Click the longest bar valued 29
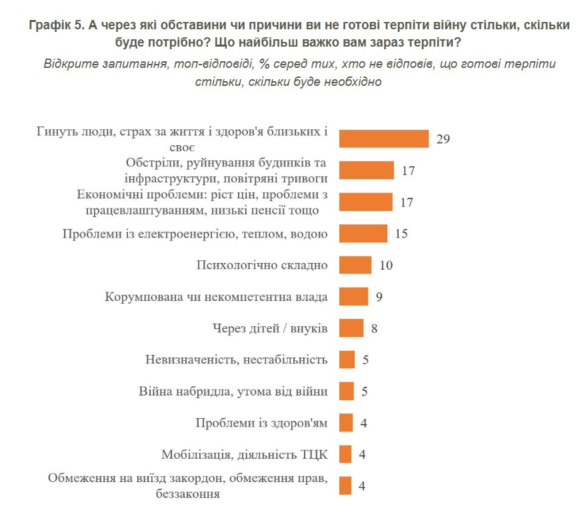(x=383, y=138)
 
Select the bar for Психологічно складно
(x=355, y=265)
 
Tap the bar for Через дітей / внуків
(x=351, y=328)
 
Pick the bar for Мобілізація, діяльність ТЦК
(x=345, y=455)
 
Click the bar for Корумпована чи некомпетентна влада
(x=353, y=296)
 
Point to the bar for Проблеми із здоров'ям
(x=345, y=423)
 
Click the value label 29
(x=443, y=139)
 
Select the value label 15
(x=401, y=234)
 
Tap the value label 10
(x=386, y=265)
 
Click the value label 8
(x=374, y=328)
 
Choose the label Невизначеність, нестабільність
(x=236, y=360)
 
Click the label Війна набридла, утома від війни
(x=233, y=391)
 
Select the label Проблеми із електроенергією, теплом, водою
(x=194, y=234)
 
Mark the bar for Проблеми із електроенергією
(x=363, y=234)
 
